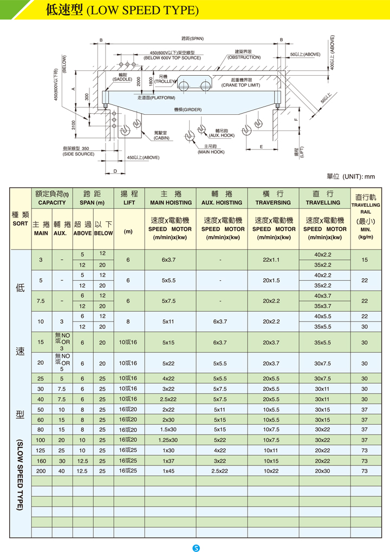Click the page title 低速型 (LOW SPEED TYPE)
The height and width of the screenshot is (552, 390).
122,10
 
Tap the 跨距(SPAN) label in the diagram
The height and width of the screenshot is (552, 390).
192,38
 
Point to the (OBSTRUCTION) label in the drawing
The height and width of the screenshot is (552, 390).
244,57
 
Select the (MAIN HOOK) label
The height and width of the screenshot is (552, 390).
211,152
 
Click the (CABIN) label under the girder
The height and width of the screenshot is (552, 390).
161,138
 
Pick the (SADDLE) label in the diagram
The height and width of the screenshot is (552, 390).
122,80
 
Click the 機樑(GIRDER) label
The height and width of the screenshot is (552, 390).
188,110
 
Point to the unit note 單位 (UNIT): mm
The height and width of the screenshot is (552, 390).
350,176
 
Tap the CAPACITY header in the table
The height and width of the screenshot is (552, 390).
52,203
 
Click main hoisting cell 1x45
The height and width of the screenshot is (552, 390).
170,471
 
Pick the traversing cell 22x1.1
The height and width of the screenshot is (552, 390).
271,260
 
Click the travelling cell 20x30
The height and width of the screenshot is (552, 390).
322,471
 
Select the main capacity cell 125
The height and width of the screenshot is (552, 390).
41,451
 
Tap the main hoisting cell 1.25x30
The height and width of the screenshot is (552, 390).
168,440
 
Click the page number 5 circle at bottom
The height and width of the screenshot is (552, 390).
197,547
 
